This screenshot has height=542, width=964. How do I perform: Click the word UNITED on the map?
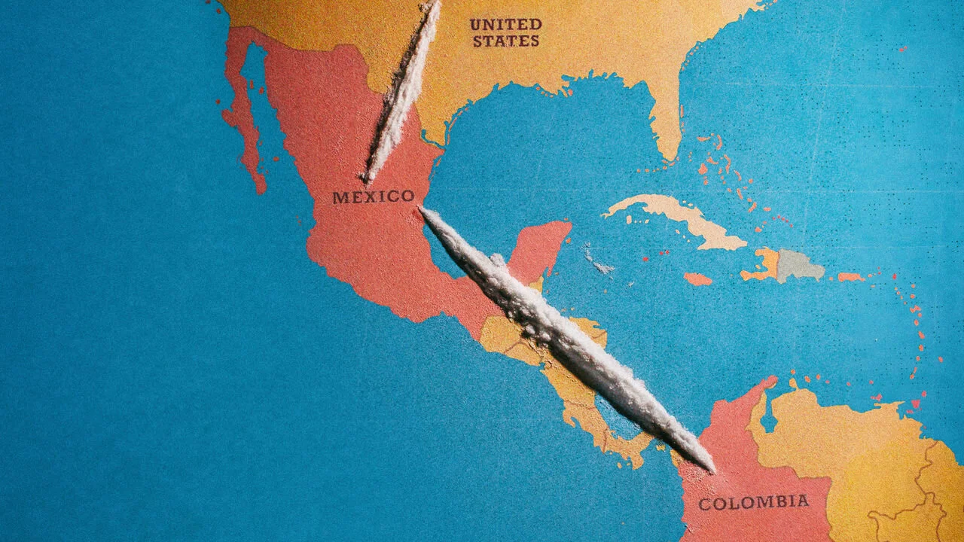(x=505, y=24)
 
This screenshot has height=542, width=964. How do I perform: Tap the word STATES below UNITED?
(x=505, y=41)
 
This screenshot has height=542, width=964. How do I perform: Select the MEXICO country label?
(x=374, y=197)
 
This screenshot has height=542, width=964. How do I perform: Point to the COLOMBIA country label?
(x=754, y=502)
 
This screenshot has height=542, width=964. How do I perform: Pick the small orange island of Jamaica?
(x=697, y=279)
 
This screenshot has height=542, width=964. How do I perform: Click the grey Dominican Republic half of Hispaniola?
(x=798, y=265)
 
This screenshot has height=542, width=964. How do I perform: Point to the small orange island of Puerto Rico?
(x=851, y=277)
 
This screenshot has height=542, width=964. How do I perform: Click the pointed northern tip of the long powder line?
(x=423, y=210)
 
